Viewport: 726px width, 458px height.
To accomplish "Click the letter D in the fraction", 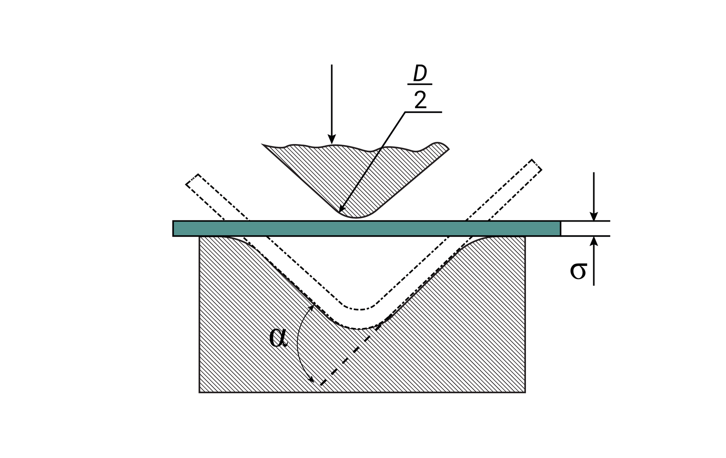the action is click(x=420, y=73).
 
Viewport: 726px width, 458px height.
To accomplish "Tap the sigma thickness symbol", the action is click(x=578, y=270).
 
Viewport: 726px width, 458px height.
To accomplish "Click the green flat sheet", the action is click(x=367, y=228).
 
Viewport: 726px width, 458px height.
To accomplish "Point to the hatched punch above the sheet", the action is click(x=356, y=178).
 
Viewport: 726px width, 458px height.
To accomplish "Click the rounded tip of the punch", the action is click(x=356, y=216).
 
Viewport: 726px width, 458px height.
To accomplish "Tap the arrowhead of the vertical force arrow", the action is click(x=332, y=139).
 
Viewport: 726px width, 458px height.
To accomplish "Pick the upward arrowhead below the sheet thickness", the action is click(x=594, y=241).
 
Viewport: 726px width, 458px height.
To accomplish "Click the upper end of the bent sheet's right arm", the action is click(x=537, y=165).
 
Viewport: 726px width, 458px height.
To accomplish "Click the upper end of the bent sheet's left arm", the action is click(x=192, y=179).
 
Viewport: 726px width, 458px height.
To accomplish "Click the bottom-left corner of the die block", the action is click(x=199, y=392).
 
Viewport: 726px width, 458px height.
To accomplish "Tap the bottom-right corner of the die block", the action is click(x=525, y=392).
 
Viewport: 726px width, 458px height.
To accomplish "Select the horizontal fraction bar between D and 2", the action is click(x=420, y=84).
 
